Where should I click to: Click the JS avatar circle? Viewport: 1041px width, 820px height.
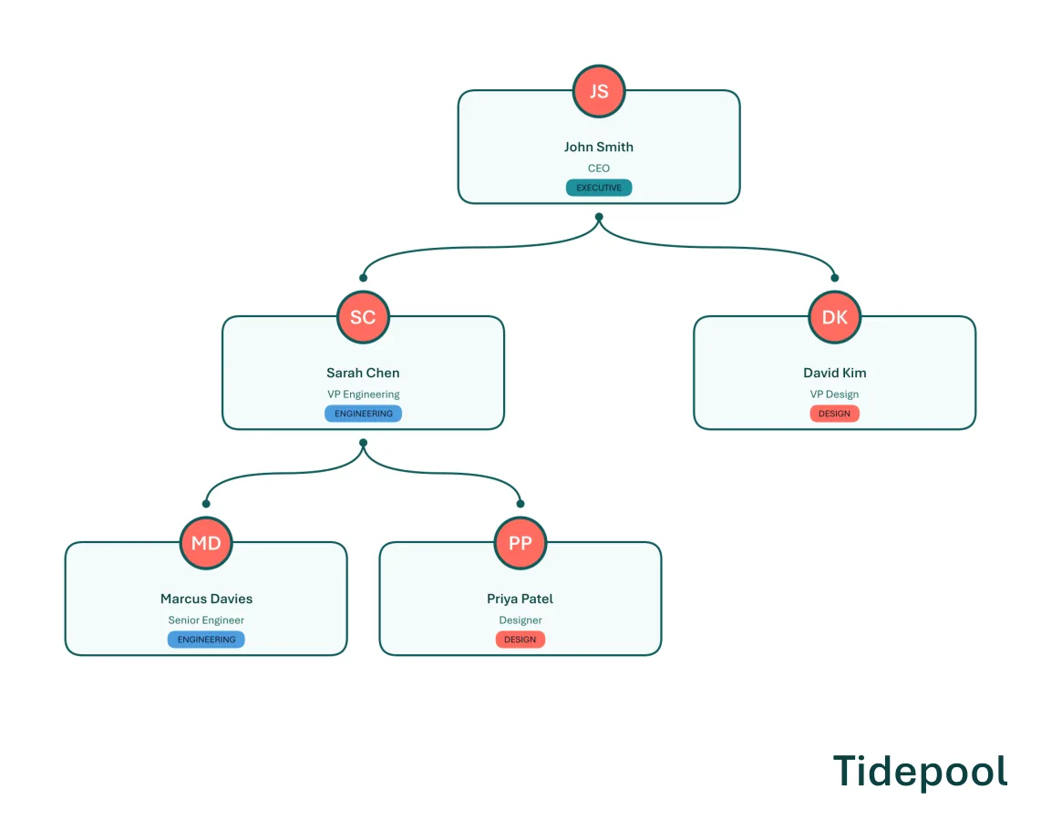click(599, 91)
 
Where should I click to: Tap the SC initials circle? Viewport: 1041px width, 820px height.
click(363, 317)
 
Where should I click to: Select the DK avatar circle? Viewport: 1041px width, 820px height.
click(834, 317)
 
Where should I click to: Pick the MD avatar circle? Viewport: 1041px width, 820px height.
click(207, 543)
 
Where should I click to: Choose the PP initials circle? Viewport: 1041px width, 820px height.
click(520, 543)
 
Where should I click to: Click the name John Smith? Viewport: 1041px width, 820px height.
click(599, 147)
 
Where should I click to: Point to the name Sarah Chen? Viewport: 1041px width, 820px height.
click(363, 373)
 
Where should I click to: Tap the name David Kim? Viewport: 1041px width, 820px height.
click(834, 373)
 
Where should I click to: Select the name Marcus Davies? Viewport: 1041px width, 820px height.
click(207, 599)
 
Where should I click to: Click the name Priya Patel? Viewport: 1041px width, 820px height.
click(520, 599)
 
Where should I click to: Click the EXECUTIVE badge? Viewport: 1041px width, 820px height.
click(599, 188)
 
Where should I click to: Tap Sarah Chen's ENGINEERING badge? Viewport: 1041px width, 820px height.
click(363, 414)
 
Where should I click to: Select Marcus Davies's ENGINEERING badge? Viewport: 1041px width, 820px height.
click(207, 640)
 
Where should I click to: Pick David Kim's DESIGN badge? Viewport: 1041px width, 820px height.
click(834, 414)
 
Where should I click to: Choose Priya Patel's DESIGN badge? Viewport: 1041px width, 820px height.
click(520, 640)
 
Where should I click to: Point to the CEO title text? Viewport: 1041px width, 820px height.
click(599, 169)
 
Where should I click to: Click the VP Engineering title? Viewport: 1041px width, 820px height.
click(363, 395)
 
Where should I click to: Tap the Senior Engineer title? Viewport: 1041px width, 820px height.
click(207, 620)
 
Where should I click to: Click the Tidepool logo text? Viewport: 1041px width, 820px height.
click(920, 772)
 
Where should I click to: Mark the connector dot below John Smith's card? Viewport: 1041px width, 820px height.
click(599, 217)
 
